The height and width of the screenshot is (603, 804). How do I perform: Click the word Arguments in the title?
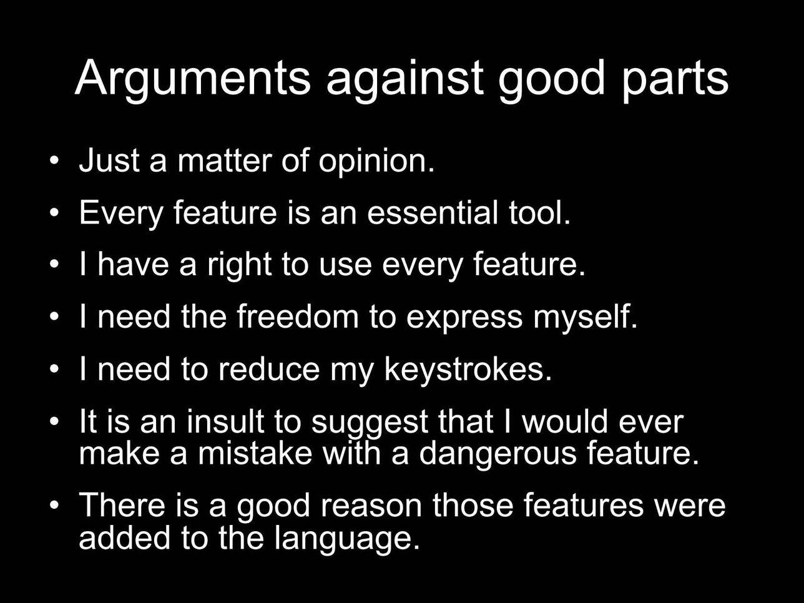click(x=193, y=81)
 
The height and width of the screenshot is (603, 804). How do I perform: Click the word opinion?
click(x=376, y=162)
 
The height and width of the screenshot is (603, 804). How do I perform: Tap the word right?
click(x=240, y=266)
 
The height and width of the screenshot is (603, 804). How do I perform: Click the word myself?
click(x=585, y=318)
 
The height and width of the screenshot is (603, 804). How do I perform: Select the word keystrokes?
click(x=468, y=370)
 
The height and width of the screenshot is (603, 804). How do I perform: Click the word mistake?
click(x=255, y=453)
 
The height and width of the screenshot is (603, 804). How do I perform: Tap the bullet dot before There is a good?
click(x=54, y=505)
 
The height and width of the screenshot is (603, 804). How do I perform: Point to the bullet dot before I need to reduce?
click(x=54, y=369)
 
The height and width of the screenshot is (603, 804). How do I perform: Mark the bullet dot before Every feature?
click(x=54, y=213)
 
